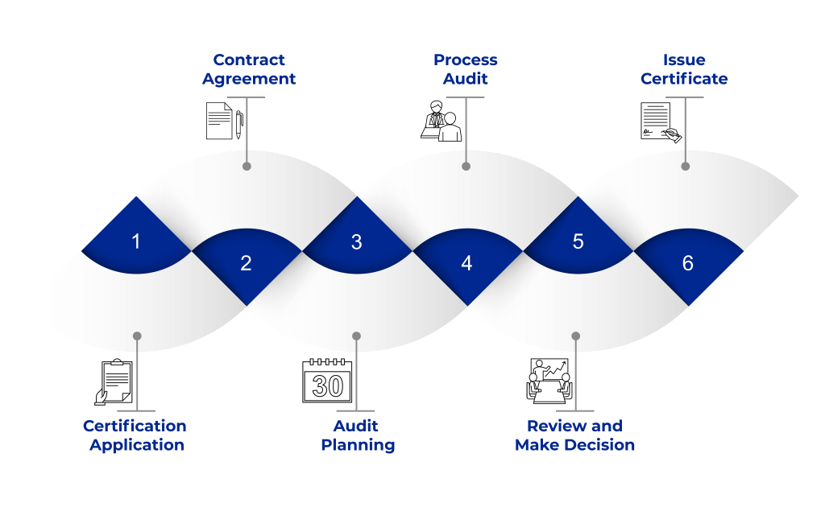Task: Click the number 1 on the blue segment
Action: pos(136,240)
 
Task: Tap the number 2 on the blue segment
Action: pos(246,262)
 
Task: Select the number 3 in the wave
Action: pos(356,241)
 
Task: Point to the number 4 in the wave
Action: pos(466,262)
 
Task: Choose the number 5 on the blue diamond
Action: pos(578,241)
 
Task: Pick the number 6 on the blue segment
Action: pos(687,262)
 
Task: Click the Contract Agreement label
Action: pos(249,69)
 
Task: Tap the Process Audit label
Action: pos(466,69)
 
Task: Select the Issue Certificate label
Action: pos(685,69)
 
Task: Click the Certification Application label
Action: pos(135,435)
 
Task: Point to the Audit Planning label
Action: pos(357,435)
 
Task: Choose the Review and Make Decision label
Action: pos(574,435)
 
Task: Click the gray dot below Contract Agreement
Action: pos(247,167)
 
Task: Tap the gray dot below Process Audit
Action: pos(466,167)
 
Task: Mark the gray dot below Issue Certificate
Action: pos(686,167)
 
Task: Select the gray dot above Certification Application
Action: pos(137,336)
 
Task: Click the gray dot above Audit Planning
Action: pos(357,336)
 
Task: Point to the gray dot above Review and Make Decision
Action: pos(576,336)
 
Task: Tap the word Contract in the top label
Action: pos(249,60)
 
